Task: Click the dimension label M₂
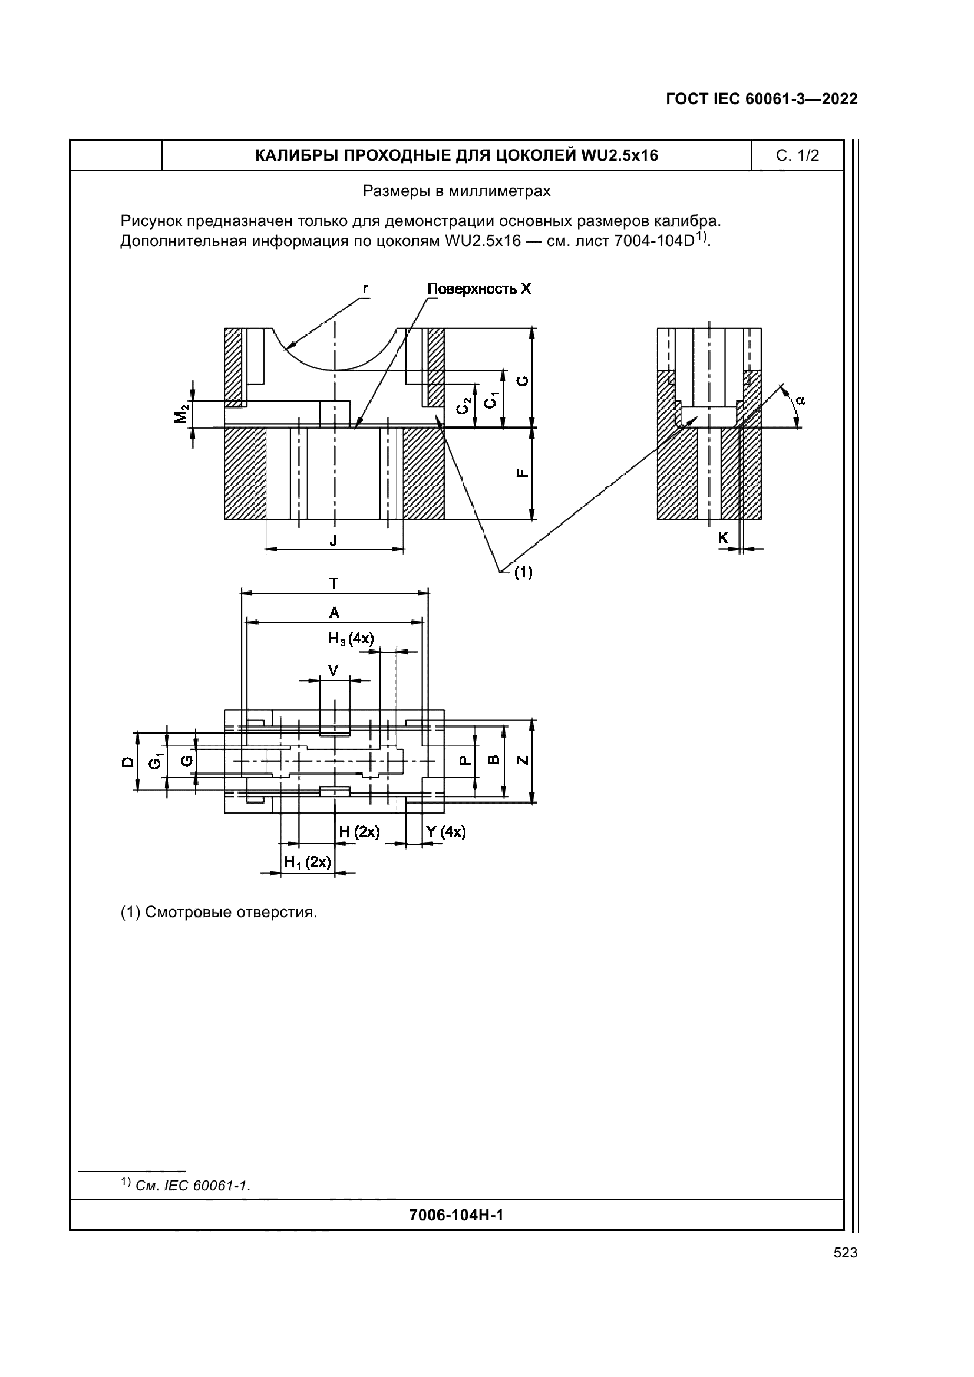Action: [181, 413]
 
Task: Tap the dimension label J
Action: [334, 540]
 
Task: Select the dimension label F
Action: [523, 473]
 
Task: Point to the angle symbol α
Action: [800, 401]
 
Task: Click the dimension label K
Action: [723, 539]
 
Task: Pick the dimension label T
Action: [334, 583]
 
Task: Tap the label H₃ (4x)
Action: [351, 639]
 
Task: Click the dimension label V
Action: [334, 670]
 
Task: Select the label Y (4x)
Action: [445, 832]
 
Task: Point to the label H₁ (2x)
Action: [307, 862]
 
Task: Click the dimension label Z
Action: [523, 760]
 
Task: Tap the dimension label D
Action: [127, 762]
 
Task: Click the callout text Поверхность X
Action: [479, 289]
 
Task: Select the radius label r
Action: [365, 288]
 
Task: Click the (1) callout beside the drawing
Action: [523, 573]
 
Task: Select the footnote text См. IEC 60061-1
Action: [193, 1186]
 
